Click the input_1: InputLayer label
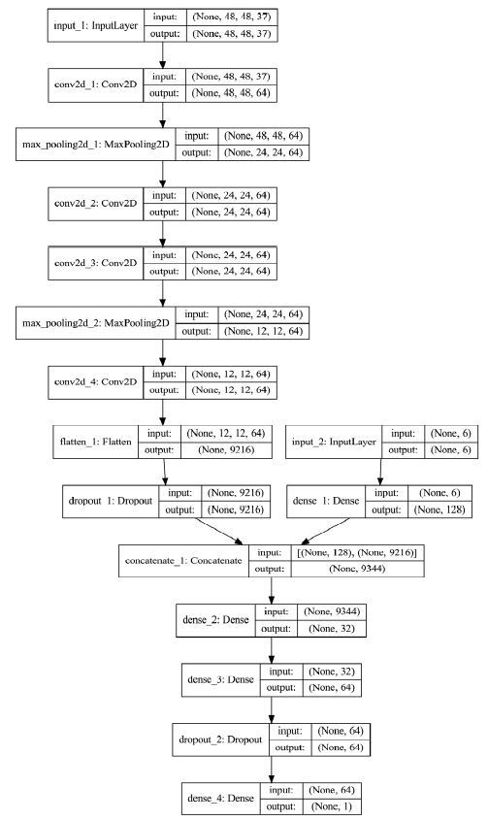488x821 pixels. (95, 27)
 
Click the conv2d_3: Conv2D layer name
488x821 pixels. (95, 261)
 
